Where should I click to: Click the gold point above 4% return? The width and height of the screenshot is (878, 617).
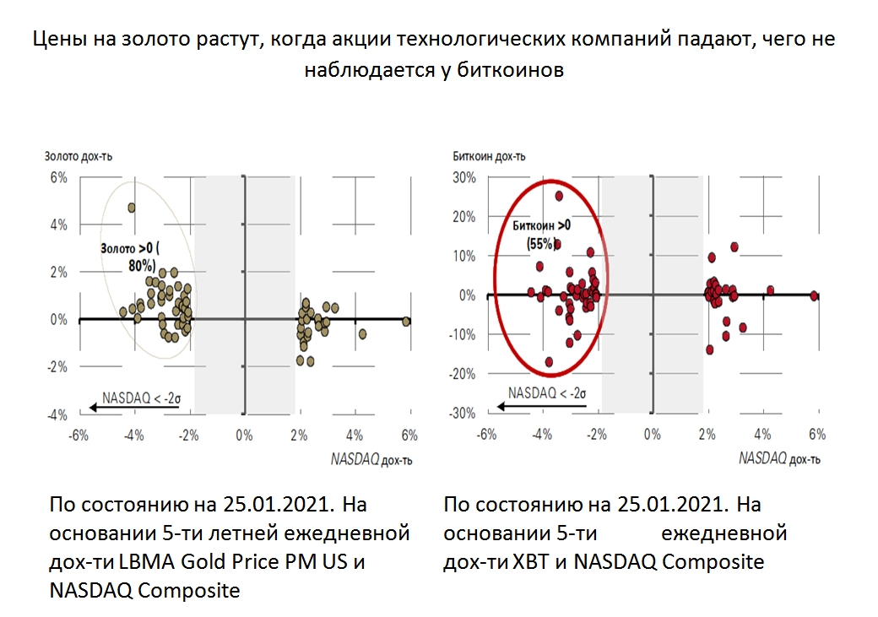[x=132, y=208]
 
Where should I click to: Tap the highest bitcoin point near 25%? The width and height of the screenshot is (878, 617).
[x=559, y=196]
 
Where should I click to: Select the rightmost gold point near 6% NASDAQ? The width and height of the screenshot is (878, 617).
[x=407, y=321]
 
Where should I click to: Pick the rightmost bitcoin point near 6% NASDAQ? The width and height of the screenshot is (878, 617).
[x=814, y=295]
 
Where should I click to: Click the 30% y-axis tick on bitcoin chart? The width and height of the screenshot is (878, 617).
[x=463, y=177]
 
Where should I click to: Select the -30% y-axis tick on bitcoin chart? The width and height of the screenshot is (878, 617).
[x=462, y=414]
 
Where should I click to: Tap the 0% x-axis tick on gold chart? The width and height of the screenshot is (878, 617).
[x=243, y=435]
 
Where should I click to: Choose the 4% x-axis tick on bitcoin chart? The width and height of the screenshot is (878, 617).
[x=762, y=435]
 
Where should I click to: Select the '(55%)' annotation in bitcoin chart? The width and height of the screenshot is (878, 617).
[x=540, y=243]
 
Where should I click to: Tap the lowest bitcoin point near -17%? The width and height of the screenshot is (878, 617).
[x=550, y=361]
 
